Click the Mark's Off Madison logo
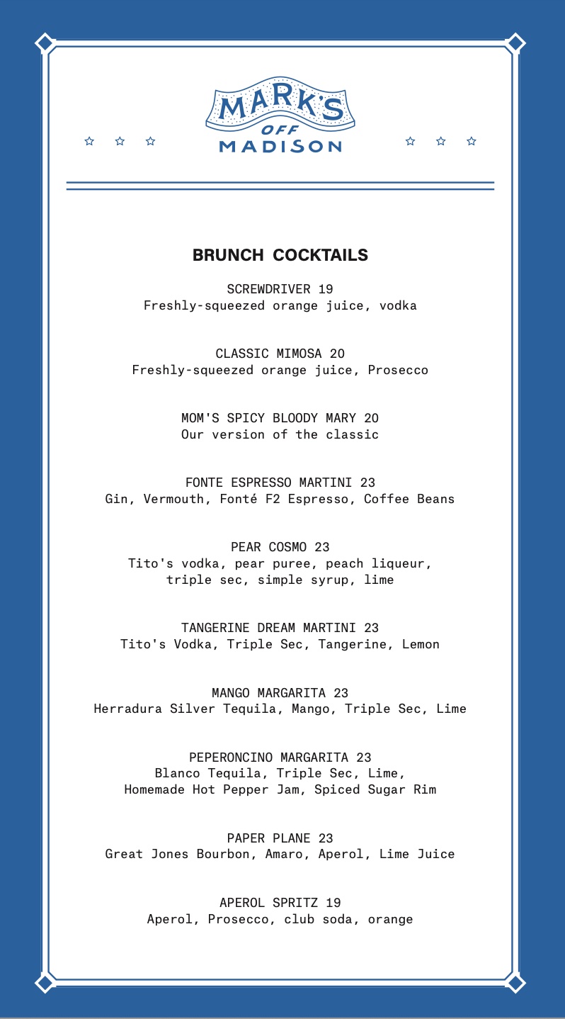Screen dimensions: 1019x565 coord(280,115)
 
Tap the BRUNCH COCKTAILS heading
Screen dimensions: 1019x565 coord(280,255)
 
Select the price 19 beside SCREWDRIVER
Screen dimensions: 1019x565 coord(326,289)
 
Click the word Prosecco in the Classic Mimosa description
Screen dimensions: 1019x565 coord(398,370)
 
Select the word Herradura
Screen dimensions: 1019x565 coord(128,709)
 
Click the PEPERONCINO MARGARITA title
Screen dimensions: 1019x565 coord(271,758)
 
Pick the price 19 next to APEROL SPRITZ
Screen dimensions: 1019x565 coord(333,903)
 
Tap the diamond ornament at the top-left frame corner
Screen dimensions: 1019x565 coord(45,43)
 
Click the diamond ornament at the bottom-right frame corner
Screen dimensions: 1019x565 coord(515,983)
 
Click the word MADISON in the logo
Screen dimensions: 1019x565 coord(280,147)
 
